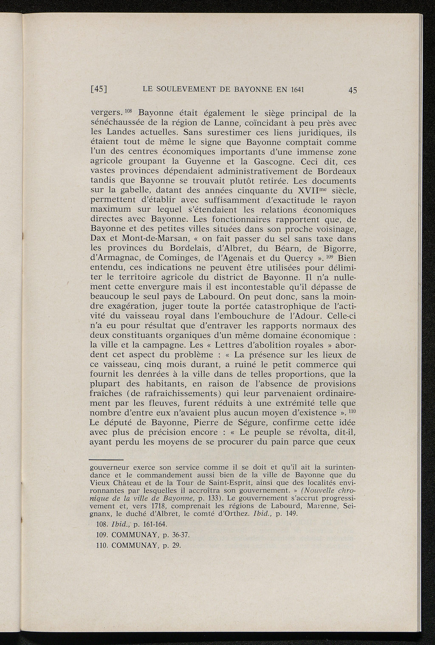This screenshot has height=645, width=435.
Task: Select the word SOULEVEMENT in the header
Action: click(181, 90)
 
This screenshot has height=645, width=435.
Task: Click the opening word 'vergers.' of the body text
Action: click(106, 114)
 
